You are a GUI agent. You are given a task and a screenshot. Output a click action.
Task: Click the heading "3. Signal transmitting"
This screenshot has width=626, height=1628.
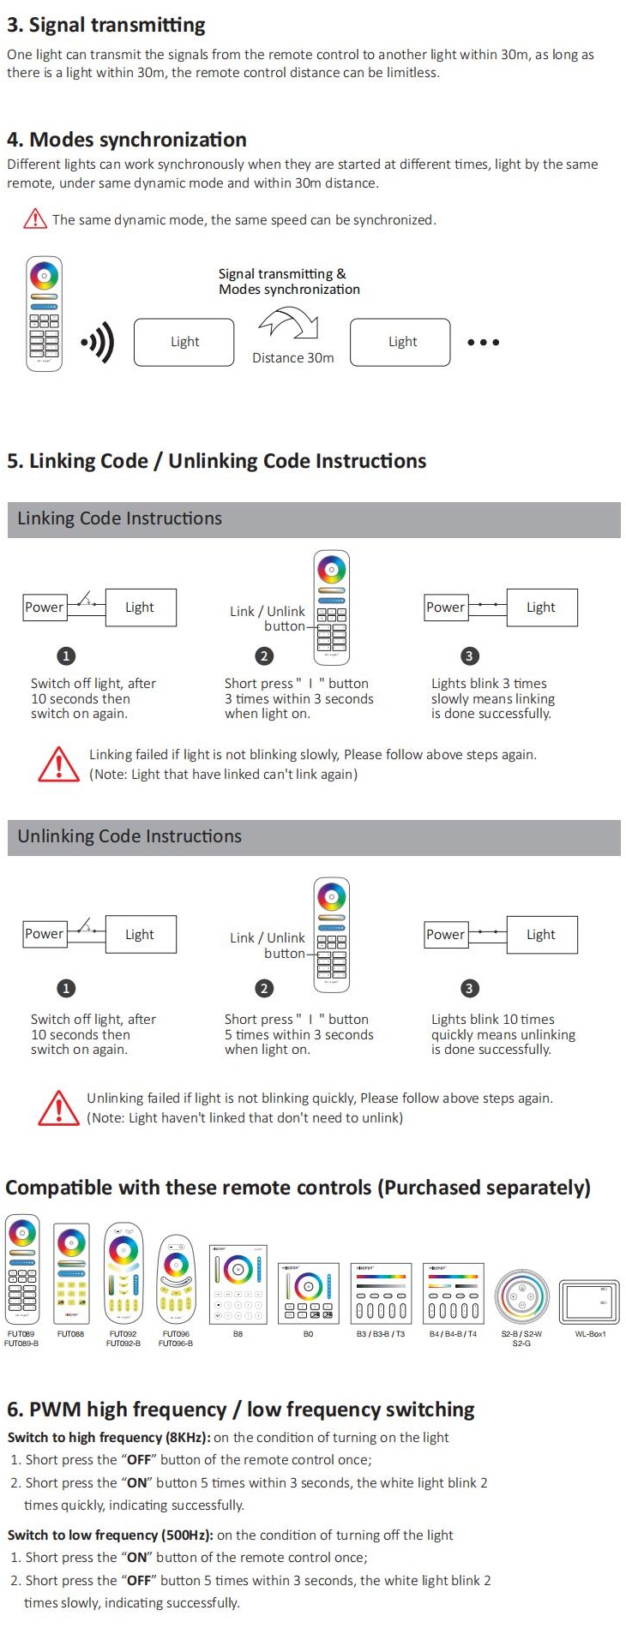pos(106,25)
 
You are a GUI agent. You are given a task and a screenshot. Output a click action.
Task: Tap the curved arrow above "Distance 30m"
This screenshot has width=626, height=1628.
pos(289,325)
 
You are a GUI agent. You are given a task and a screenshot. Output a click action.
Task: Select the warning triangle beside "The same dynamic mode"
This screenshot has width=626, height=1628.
pos(35,219)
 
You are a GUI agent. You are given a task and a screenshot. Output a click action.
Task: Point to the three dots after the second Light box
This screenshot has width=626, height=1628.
pos(483,343)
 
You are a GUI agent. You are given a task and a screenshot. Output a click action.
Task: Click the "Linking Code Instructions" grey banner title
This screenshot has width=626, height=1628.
pos(119,518)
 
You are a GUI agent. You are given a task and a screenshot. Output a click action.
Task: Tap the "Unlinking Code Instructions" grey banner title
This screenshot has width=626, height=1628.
pos(129,836)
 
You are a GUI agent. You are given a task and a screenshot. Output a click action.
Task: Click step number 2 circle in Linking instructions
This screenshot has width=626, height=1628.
pos(264,656)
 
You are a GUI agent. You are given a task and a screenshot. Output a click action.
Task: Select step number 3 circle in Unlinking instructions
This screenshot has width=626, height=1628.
pos(469,989)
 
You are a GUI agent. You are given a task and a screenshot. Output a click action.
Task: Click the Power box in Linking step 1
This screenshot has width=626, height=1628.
pos(44,608)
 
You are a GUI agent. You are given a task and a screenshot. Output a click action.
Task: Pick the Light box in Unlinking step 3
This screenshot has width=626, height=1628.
pos(541,935)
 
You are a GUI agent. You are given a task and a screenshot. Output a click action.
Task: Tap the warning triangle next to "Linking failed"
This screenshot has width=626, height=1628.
pos(58,764)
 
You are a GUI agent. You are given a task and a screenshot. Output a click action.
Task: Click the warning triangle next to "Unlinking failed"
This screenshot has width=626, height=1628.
pos(58,1108)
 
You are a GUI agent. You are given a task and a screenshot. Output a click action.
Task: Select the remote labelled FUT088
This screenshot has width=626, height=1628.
pos(71,1273)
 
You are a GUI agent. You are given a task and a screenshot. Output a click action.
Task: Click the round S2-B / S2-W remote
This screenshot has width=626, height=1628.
pos(521,1296)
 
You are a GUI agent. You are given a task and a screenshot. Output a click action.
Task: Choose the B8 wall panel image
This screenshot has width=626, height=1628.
pos(238,1284)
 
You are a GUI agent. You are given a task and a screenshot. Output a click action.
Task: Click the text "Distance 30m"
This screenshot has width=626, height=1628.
pos(292,358)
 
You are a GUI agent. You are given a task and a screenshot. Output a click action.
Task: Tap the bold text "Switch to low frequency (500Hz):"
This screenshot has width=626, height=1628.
pos(110,1535)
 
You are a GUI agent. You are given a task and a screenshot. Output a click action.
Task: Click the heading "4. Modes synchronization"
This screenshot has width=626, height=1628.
pos(127,140)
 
